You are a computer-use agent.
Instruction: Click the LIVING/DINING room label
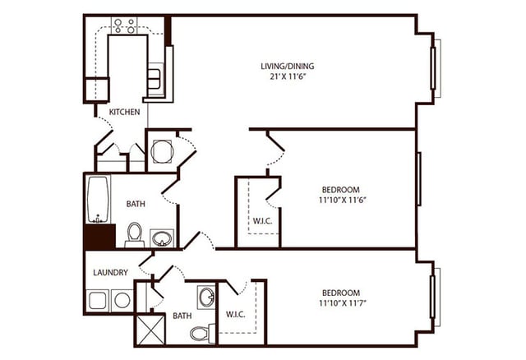pos(287,66)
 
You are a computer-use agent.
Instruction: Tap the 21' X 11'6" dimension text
pos(287,76)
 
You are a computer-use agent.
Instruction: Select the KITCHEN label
pos(124,112)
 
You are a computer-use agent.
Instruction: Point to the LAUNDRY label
pos(110,272)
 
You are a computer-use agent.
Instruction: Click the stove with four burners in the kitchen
pos(124,25)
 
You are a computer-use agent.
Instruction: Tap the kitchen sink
pos(155,80)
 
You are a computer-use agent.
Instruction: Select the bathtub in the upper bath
pos(98,199)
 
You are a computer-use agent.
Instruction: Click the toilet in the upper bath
pos(135,234)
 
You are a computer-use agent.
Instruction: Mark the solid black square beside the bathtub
pos(99,237)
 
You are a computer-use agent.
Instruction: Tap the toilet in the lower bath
pos(201,333)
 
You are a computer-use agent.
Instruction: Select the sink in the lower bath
pos(205,297)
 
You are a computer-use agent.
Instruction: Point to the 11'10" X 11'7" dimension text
pos(340,304)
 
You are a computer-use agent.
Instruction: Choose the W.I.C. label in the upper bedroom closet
pos(262,219)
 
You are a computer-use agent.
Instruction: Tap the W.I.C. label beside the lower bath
pos(236,315)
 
